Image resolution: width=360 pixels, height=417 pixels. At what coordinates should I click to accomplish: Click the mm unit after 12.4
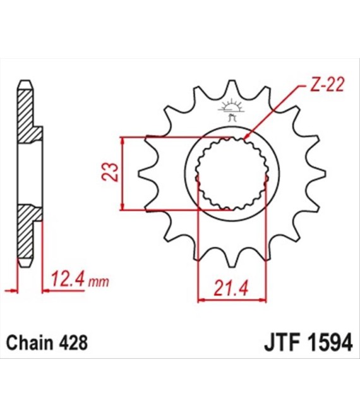(x=95, y=281)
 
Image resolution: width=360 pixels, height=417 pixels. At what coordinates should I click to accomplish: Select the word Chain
(x=31, y=344)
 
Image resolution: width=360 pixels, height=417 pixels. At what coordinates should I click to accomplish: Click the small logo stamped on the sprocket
(x=230, y=109)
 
